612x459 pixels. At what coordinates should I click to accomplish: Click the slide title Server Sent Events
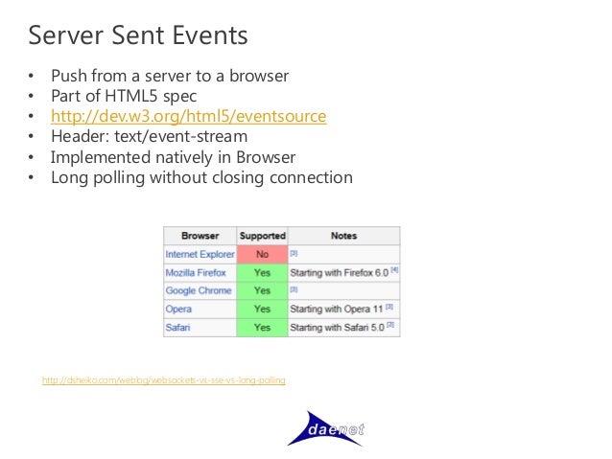tap(138, 35)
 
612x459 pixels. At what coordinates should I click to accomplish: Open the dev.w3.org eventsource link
tap(188, 116)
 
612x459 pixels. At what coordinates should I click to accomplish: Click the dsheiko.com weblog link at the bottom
tap(163, 380)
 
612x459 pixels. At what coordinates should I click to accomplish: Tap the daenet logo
tap(326, 427)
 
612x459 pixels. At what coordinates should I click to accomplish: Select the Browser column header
tap(200, 235)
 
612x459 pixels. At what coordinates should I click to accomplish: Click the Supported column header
tap(262, 235)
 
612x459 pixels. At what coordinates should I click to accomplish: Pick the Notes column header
tap(342, 235)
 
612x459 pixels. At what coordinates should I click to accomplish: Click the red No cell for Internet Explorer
tap(262, 254)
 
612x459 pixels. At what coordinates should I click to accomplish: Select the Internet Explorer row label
tap(200, 254)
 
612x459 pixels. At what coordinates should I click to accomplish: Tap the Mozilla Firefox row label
tap(196, 272)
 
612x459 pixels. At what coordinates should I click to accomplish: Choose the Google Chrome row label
tap(199, 290)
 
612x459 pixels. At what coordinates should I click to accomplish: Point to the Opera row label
tap(178, 309)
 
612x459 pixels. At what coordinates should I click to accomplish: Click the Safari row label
tap(178, 327)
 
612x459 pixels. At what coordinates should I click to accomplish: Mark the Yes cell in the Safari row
tap(262, 327)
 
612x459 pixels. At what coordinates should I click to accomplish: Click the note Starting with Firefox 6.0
tap(339, 272)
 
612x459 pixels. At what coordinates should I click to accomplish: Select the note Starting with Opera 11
tap(338, 309)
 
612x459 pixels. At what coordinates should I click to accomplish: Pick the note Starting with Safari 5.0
tap(339, 327)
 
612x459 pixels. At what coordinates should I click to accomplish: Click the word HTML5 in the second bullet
tap(147, 96)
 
